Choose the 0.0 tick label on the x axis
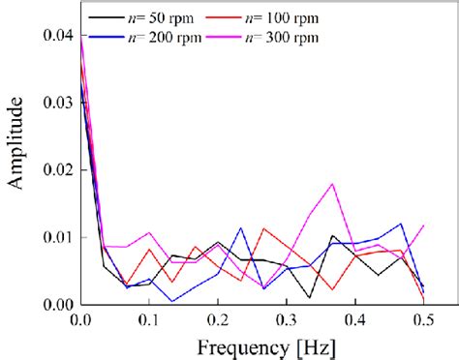[81, 318]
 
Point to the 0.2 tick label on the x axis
[218, 318]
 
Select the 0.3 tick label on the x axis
[287, 318]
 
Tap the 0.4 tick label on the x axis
[354, 318]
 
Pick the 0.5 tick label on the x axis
[423, 318]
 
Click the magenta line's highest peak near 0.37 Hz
[333, 183]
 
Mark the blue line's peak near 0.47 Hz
[401, 224]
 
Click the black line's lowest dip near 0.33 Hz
[310, 297]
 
